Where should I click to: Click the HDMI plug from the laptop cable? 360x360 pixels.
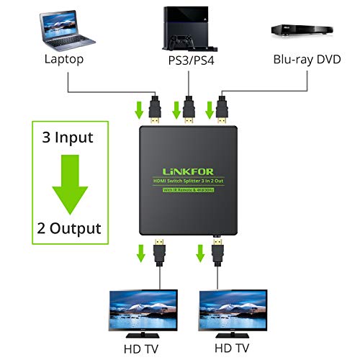pos(153,109)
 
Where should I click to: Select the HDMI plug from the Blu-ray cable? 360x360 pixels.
pos(222,109)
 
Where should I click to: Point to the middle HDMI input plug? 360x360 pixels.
pos(189,109)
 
